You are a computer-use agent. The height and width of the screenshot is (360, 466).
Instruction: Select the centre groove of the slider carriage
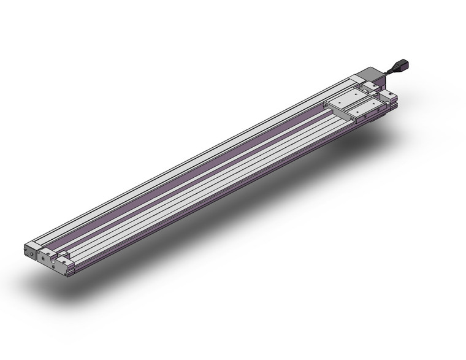(x=357, y=102)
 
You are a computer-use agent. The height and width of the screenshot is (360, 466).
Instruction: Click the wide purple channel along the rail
(x=184, y=184)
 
